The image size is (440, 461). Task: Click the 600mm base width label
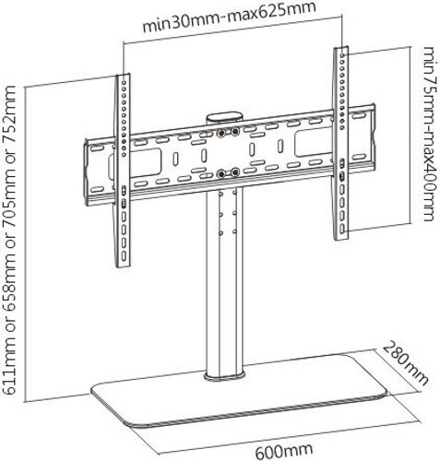tap(283, 450)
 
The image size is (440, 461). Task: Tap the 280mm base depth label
tap(405, 363)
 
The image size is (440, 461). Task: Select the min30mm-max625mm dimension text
tap(230, 17)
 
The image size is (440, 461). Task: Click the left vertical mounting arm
tap(123, 171)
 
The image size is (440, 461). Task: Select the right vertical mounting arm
tap(341, 143)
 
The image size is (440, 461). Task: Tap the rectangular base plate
tap(239, 390)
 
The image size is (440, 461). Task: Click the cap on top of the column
tap(224, 119)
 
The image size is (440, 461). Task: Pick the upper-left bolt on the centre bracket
tap(220, 134)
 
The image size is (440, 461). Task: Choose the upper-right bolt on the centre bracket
tap(235, 132)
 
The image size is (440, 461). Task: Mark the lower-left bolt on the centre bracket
tap(220, 174)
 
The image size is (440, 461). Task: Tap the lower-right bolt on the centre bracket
tap(235, 172)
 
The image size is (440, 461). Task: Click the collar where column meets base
tap(225, 376)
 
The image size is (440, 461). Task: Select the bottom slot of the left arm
tap(124, 256)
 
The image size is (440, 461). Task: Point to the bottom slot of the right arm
tap(342, 229)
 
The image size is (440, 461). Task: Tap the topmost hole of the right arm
tap(342, 55)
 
